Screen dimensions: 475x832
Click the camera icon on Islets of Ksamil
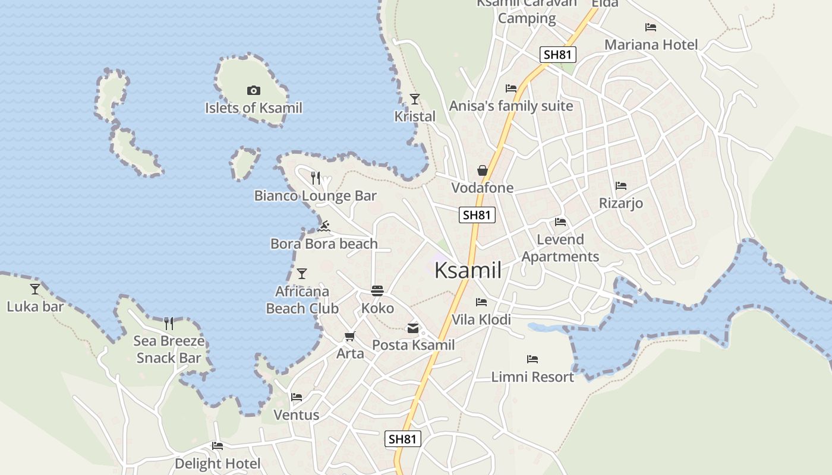coord(254,91)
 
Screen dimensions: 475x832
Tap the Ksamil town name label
coord(468,270)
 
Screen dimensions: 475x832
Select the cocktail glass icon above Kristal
coord(415,99)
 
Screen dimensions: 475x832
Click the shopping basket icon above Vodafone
coord(483,171)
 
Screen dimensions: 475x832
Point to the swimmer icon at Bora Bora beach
coord(324,226)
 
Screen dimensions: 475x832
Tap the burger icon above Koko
coord(377,290)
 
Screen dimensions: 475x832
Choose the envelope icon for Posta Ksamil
coord(412,328)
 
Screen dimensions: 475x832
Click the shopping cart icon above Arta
coord(350,337)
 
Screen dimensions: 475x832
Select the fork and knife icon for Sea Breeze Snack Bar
coord(169,324)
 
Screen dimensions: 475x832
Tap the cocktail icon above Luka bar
coord(35,289)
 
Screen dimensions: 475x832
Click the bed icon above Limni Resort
coord(532,359)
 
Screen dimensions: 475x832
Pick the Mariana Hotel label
coord(651,45)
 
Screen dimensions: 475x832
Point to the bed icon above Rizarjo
coord(621,186)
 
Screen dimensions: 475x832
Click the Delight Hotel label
coord(218,463)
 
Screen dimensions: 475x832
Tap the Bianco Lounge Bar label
coord(315,195)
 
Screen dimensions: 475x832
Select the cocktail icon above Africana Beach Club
coord(302,274)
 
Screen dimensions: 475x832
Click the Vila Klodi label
coord(481,319)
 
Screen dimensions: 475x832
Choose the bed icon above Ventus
coord(297,397)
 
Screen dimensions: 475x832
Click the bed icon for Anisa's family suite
coord(511,88)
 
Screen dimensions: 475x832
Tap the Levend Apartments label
coord(560,248)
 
